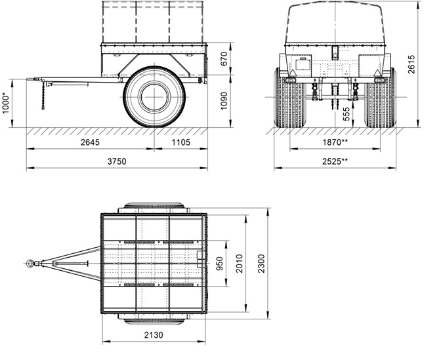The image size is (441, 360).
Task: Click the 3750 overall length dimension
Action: [117, 161]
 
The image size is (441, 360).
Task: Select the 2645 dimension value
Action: [90, 142]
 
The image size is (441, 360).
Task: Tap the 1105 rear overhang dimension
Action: [181, 142]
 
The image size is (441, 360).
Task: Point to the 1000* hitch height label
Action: [6, 104]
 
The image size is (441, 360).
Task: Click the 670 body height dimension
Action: [224, 59]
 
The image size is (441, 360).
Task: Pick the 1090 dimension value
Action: [224, 101]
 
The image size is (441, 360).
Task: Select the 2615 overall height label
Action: [411, 64]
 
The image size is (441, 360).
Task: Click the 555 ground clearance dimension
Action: [346, 114]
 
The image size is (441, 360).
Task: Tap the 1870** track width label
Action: [335, 142]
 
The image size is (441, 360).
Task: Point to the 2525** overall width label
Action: [335, 161]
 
